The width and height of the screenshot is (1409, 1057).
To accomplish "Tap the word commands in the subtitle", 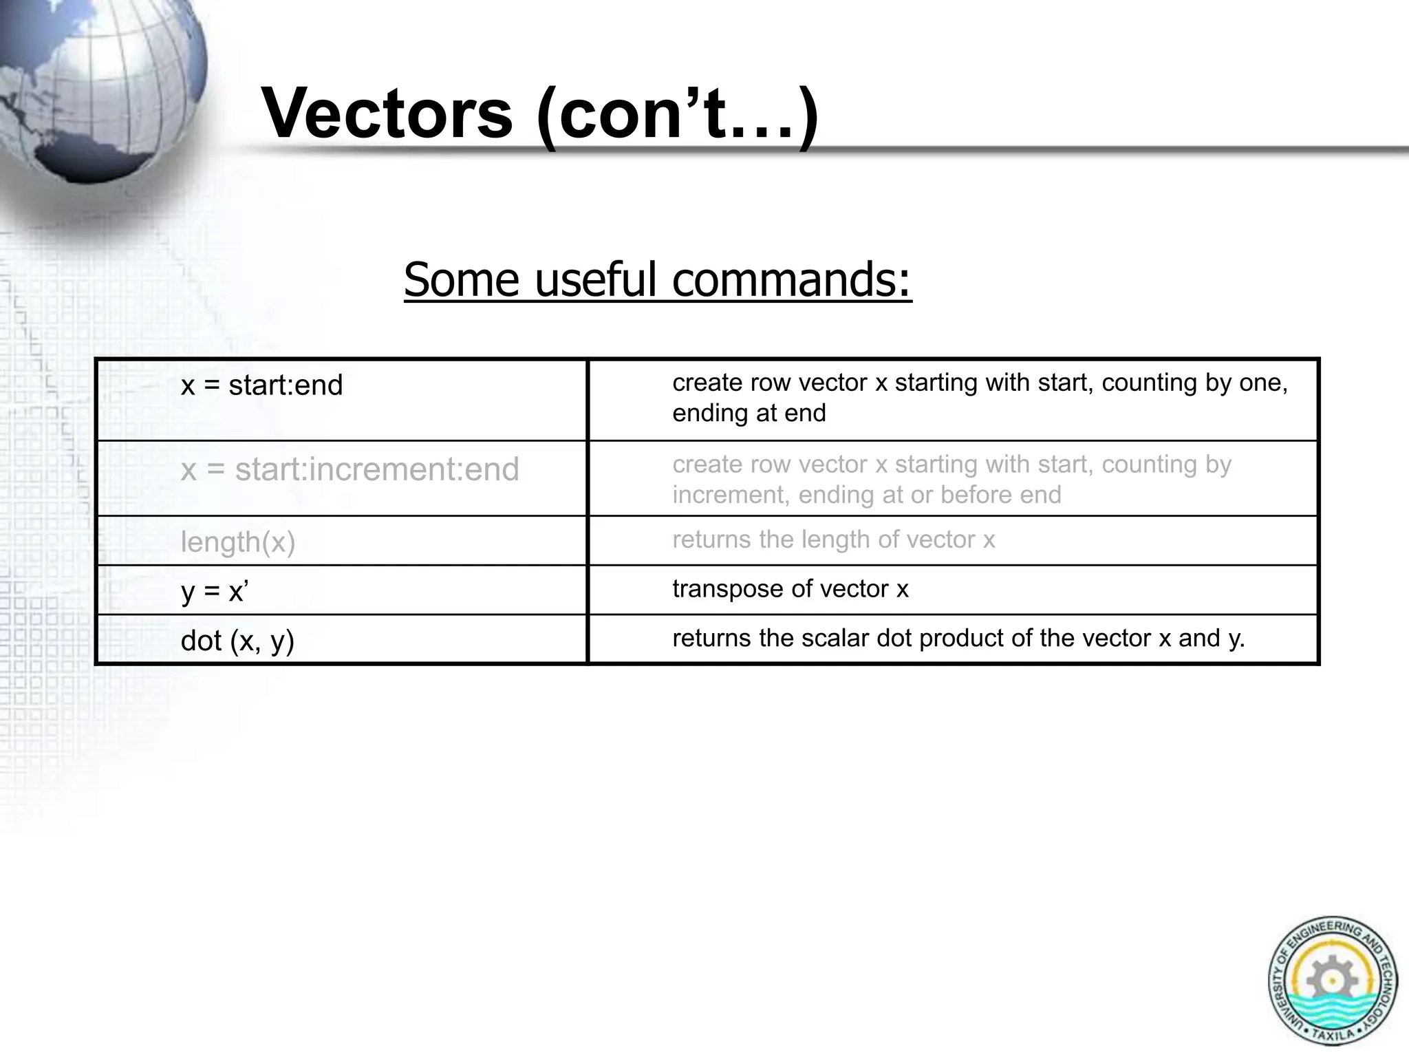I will [791, 280].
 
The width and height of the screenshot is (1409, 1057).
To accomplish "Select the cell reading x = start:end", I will [261, 385].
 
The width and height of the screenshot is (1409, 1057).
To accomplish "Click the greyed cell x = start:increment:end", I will [349, 469].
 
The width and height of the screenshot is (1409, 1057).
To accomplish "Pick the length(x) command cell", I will [238, 542].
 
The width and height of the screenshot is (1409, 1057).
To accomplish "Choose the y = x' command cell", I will [215, 591].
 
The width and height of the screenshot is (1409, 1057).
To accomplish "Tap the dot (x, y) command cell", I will [237, 641].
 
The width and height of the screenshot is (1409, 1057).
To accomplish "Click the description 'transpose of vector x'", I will [790, 589].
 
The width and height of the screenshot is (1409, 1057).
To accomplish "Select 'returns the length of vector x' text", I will [833, 540].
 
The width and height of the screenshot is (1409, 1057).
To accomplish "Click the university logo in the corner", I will [1332, 981].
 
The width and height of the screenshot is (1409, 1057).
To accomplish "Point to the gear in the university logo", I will [1332, 978].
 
